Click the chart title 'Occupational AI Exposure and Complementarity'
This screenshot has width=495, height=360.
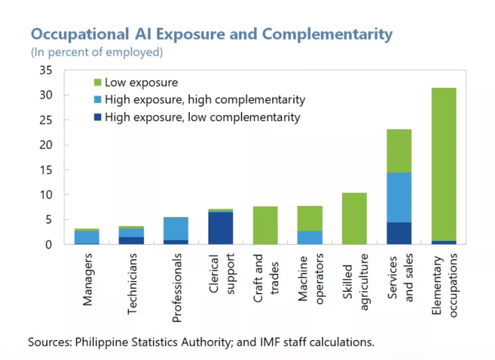tap(211, 34)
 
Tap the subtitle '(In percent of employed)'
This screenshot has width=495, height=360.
tap(97, 52)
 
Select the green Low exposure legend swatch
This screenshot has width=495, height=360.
tap(98, 82)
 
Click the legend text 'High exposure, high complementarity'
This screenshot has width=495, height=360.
tap(205, 100)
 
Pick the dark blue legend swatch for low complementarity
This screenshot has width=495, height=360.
tap(98, 117)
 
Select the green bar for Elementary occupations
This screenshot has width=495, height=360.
tap(444, 163)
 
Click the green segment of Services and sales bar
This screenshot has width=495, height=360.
tap(399, 151)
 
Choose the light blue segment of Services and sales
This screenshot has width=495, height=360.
tap(399, 197)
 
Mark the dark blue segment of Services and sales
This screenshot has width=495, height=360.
tap(399, 233)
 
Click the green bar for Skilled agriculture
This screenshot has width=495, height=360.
tap(354, 218)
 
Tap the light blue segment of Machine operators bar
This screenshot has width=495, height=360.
tap(310, 237)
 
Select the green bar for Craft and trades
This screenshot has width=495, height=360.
tap(265, 225)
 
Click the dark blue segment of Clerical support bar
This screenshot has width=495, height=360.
tap(221, 228)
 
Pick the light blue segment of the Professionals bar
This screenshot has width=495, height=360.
tap(176, 229)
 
